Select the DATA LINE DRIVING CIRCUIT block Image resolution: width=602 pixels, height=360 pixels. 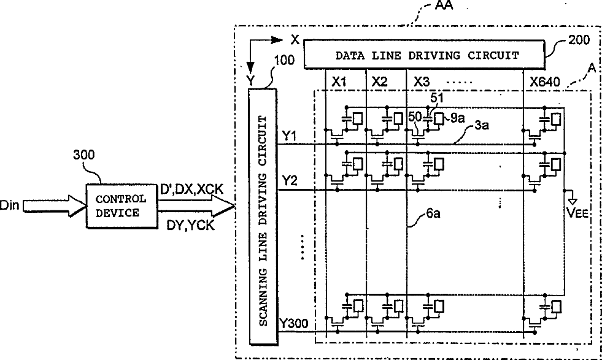pyautogui.click(x=426, y=55)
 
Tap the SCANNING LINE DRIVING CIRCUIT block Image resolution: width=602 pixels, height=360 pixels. pyautogui.click(x=262, y=217)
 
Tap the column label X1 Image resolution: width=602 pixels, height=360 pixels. pyautogui.click(x=339, y=81)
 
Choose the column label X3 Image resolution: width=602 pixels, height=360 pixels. pyautogui.click(x=422, y=81)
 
